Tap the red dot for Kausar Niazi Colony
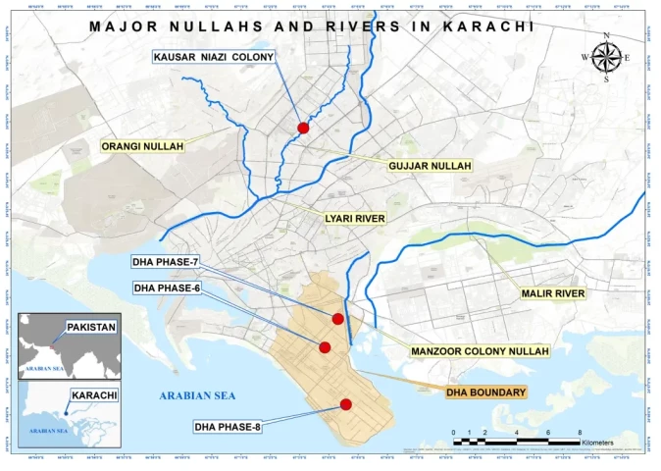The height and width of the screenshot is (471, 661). click(x=303, y=128)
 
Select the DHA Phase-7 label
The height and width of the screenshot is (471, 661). click(x=166, y=262)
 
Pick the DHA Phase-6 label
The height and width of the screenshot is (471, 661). click(x=166, y=288)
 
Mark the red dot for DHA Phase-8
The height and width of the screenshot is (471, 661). click(x=346, y=404)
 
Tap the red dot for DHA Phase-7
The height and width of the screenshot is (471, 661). click(x=337, y=318)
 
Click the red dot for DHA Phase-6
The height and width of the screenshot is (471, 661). click(x=325, y=346)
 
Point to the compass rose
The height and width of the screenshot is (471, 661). click(x=606, y=58)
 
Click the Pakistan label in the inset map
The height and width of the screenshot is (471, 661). click(x=90, y=327)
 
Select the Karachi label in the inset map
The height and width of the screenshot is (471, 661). click(x=93, y=395)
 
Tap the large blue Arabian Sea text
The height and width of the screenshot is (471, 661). click(x=198, y=395)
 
